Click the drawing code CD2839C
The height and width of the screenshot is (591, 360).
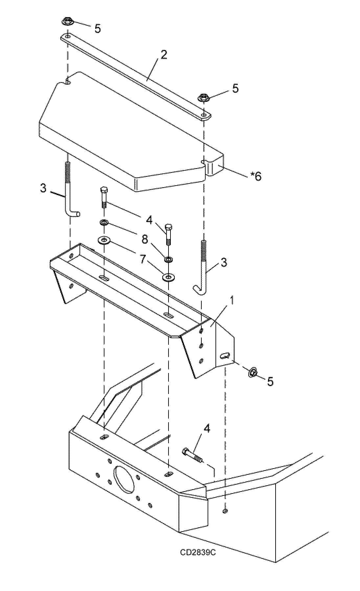click(197, 552)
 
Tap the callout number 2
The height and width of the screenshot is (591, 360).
click(164, 55)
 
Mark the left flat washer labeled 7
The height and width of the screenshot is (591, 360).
click(104, 241)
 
